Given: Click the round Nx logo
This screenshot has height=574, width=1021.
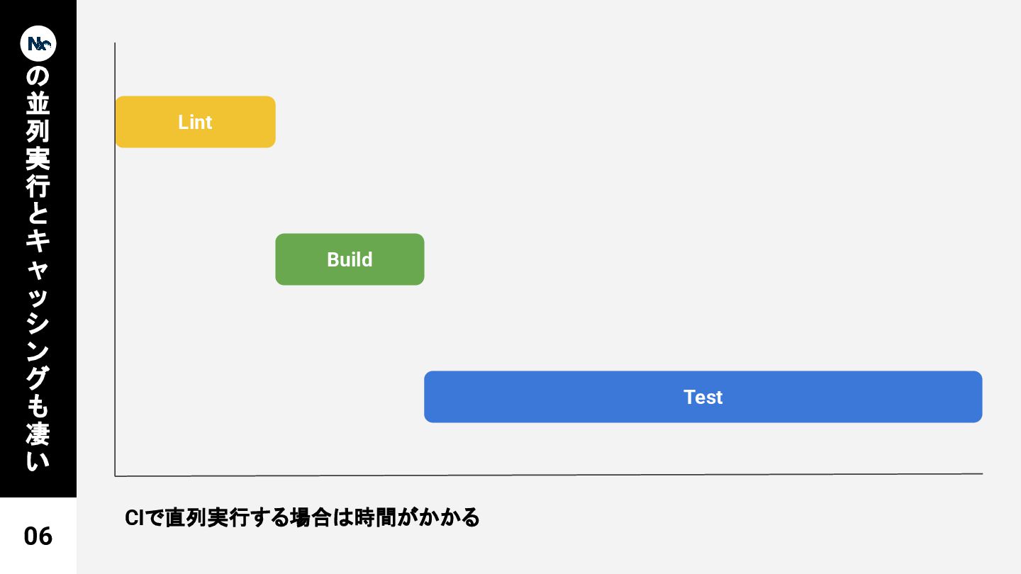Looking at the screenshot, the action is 38,43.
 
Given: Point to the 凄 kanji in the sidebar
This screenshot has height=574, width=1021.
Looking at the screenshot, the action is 38,433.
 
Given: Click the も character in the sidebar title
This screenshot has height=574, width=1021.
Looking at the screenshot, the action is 38,406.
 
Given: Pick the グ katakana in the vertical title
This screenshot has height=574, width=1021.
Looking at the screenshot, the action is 38,378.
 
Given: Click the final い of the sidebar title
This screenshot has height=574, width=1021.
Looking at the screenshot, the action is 38,461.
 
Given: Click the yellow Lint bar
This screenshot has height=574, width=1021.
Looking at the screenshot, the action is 195,122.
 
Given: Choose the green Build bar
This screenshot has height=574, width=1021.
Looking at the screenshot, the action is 350,259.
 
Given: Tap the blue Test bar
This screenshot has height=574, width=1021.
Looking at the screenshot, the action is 703,397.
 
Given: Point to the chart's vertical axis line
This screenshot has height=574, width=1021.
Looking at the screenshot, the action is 115,283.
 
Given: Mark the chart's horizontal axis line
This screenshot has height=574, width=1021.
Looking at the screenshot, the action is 567,475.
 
